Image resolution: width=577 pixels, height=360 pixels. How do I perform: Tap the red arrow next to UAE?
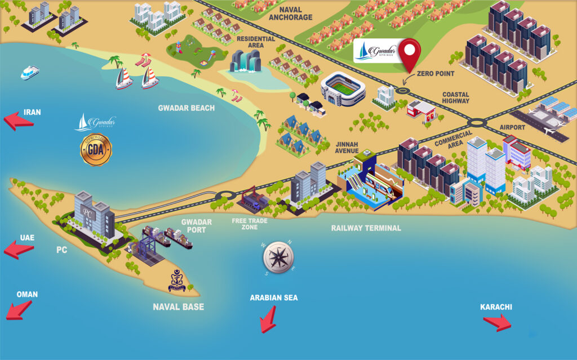point(19,249)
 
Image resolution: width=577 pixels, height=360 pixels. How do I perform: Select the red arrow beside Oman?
point(19,309)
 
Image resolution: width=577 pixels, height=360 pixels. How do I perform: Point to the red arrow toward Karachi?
point(498,322)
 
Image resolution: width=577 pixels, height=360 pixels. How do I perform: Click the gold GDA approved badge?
point(95,149)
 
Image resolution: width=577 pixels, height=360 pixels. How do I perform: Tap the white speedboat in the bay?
point(29,73)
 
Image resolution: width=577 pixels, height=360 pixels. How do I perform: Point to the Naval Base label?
point(178,307)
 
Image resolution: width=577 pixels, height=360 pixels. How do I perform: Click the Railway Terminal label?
point(366,228)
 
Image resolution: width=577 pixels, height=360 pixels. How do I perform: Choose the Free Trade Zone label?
point(249,224)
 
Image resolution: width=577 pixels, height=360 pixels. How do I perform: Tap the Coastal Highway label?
point(455,98)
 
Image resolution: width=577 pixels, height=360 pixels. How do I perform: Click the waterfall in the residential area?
point(245,61)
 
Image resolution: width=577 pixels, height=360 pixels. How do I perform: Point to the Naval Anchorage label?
point(291,14)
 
